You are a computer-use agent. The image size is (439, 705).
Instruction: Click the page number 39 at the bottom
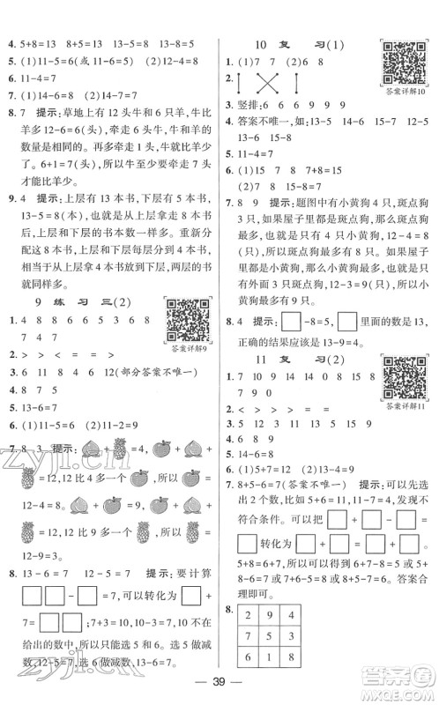click(x=220, y=681)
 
